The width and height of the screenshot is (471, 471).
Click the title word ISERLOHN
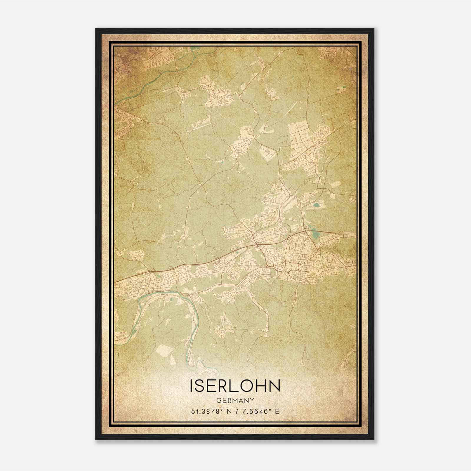235,386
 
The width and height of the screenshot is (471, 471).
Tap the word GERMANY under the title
235,400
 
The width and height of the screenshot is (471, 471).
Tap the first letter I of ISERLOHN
192,386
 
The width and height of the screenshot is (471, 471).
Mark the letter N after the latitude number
231,412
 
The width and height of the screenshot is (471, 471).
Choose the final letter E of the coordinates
277,412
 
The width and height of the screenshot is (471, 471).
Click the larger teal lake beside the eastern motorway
316,234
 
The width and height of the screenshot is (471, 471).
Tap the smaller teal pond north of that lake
317,205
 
